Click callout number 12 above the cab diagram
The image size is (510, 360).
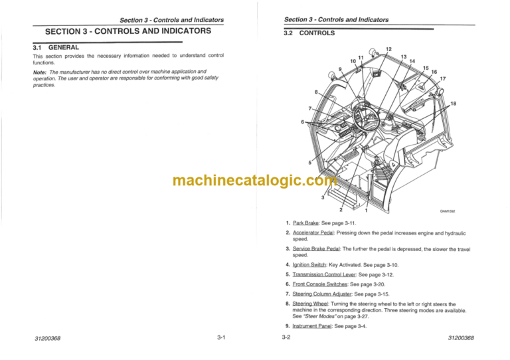point(389,49)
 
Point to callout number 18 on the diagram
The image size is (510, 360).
point(453,104)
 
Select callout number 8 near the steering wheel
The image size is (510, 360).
point(317,92)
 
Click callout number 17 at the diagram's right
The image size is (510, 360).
point(442,79)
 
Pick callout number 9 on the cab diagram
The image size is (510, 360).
point(340,69)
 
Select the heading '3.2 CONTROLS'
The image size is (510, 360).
point(309,33)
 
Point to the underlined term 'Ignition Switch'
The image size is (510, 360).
point(313,265)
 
